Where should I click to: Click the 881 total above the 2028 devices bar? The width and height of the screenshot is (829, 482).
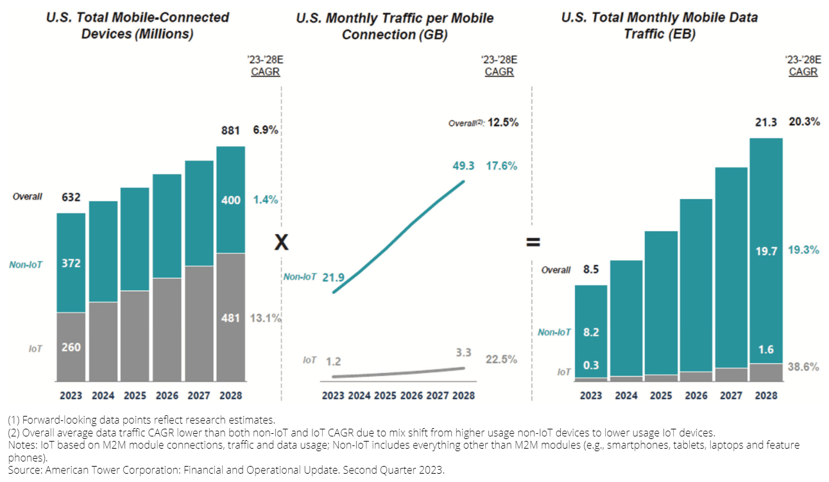tap(230, 131)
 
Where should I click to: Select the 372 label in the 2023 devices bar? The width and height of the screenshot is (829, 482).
tap(71, 263)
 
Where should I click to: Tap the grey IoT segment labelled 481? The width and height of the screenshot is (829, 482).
tap(230, 318)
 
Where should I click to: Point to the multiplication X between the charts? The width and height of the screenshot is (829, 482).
tap(281, 242)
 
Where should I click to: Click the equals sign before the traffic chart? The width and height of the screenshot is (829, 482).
tap(533, 243)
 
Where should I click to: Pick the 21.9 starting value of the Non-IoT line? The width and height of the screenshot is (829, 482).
tap(334, 277)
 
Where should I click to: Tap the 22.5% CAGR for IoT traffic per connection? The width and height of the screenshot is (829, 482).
tap(502, 359)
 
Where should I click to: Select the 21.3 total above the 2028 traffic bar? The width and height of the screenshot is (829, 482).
tap(766, 122)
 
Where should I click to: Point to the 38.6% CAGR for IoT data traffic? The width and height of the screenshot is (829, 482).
tap(803, 367)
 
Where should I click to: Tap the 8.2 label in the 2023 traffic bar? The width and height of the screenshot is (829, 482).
tap(591, 332)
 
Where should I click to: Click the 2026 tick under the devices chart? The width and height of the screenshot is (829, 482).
tap(167, 395)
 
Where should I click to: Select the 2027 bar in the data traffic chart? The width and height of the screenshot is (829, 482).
tap(731, 270)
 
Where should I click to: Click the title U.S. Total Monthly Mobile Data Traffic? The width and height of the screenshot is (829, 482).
tap(659, 25)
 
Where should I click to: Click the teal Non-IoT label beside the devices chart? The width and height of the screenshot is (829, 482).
tap(26, 264)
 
